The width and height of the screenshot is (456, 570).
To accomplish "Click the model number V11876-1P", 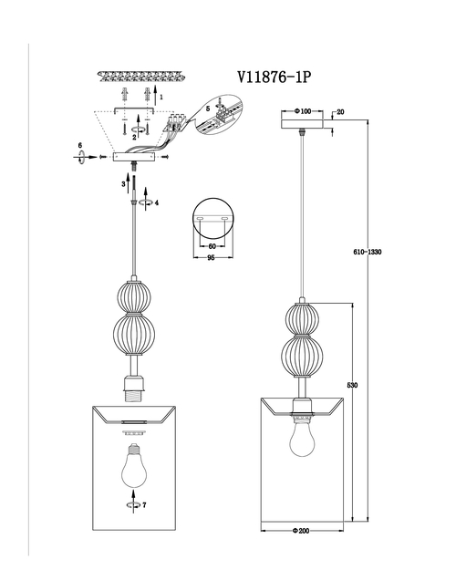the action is point(275,78).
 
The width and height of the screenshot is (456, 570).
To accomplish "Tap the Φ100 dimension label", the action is point(303,111).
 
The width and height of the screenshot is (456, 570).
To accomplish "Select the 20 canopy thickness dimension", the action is point(340,112).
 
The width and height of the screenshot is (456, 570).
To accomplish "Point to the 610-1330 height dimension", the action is point(368,252).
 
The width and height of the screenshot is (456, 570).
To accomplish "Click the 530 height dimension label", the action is point(352,386).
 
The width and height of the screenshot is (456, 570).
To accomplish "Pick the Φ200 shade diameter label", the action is point(301,531).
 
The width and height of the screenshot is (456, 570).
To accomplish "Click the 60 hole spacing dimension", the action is point(212,246).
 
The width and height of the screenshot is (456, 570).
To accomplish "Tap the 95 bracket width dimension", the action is point(211,257).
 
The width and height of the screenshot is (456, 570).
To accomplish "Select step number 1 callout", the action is point(161,97).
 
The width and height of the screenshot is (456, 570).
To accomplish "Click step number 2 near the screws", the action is point(134,137).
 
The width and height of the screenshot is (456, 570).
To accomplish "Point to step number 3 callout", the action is point(124,184).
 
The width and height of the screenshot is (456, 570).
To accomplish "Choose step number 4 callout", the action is point(157,202).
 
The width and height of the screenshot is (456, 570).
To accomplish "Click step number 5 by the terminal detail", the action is point(208,109).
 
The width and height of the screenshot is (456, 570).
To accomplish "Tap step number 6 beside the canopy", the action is point(80,145).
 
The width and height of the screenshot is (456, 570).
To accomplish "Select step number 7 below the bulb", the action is point(144,505).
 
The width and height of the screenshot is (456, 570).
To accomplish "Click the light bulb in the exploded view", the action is point(134,465).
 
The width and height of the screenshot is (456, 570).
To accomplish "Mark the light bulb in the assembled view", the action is point(302,438).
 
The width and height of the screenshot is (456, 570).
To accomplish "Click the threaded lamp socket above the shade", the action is point(134,389).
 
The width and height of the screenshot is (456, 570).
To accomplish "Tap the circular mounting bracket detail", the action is point(213,218).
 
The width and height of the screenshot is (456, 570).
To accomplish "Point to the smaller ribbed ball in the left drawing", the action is point(134,296).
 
